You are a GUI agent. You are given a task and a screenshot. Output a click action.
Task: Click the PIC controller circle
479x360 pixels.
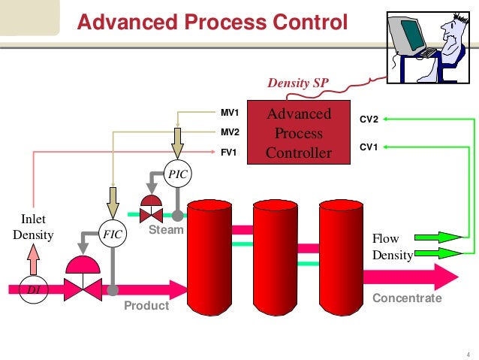[178, 174]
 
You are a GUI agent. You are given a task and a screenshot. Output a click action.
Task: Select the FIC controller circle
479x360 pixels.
[113, 234]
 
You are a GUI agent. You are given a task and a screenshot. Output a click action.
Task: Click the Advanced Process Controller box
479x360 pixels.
[300, 133]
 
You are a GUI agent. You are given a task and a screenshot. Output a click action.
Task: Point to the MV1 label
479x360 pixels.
[229, 113]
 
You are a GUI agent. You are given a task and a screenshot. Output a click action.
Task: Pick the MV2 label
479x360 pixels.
[229, 132]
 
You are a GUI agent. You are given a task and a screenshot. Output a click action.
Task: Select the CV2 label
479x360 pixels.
[369, 119]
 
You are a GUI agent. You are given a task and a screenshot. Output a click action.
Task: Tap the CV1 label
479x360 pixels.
[369, 147]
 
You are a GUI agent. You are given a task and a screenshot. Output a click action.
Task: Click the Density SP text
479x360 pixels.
[299, 83]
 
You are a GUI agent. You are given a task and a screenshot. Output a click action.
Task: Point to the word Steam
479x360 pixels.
[166, 229]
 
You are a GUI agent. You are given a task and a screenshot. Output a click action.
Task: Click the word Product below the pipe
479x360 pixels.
[146, 306]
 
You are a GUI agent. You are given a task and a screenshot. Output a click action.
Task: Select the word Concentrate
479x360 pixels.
[407, 298]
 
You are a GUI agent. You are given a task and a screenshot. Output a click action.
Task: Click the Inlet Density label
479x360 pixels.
[34, 228]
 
